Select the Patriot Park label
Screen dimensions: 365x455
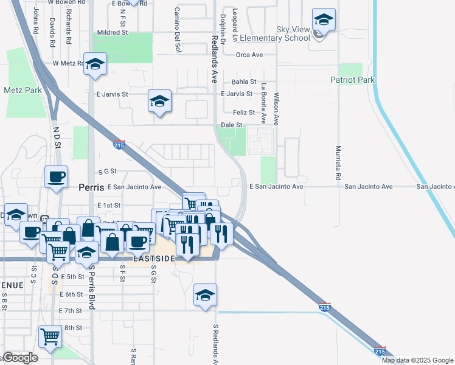tap(353, 80)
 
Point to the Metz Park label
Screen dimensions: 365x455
tap(22, 90)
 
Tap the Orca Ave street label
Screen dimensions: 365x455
tap(249, 55)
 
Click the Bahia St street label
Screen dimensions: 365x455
tap(244, 82)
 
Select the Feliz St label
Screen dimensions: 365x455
tap(243, 113)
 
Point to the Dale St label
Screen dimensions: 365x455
tap(232, 125)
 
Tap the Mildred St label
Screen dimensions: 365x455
tap(114, 33)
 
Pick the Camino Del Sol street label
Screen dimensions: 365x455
tap(178, 29)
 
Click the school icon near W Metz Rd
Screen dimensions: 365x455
tap(95, 64)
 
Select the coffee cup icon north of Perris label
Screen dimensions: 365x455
tap(57, 177)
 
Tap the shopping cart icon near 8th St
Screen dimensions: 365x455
tap(50, 335)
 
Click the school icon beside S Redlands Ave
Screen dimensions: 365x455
tap(206, 295)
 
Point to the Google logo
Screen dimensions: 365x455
tap(20, 358)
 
